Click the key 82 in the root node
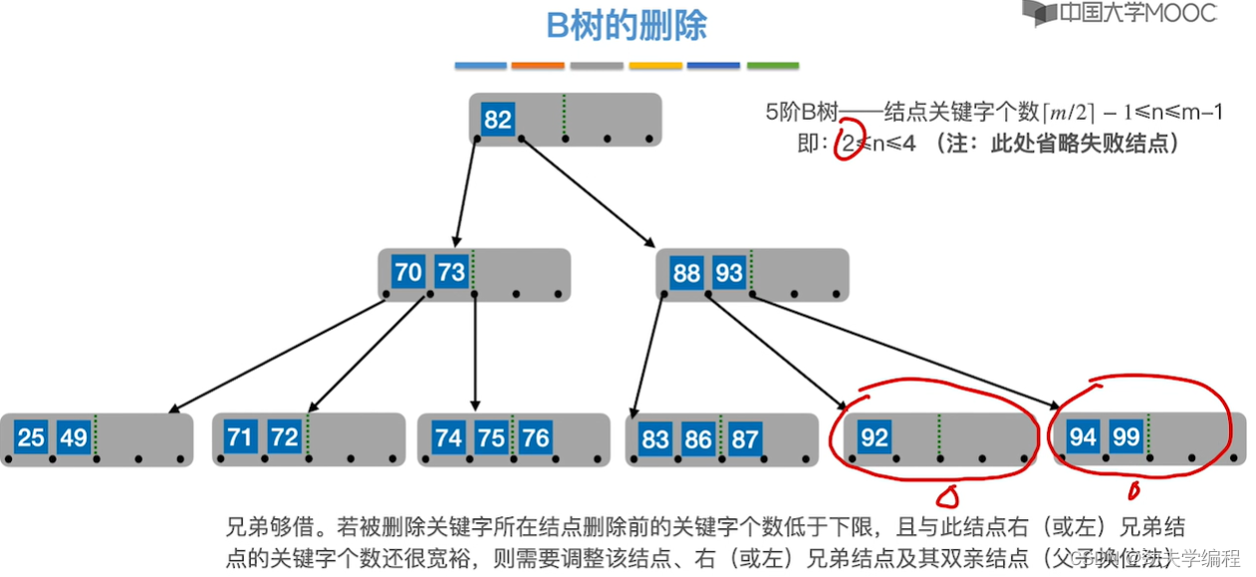tap(497, 120)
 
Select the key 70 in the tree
tap(407, 273)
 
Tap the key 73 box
tap(450, 273)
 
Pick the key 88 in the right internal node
tap(685, 273)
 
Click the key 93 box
tap(728, 273)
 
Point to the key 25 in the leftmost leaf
tap(31, 437)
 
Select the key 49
tap(73, 437)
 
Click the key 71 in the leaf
tap(239, 437)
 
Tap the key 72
tap(284, 437)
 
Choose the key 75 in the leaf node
tap(490, 437)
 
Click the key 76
tap(535, 437)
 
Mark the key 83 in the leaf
tap(654, 437)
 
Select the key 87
tap(743, 437)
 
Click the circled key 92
tap(874, 436)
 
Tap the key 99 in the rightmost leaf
tap(1126, 436)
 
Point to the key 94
tap(1082, 436)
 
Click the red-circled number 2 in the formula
tap(849, 144)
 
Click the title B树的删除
tap(627, 25)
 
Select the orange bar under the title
tap(537, 66)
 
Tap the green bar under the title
tap(773, 66)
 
